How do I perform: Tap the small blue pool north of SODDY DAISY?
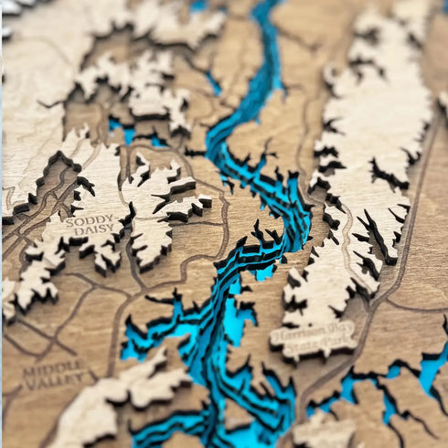[x=119, y=128]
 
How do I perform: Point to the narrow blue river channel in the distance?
[x=267, y=55]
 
